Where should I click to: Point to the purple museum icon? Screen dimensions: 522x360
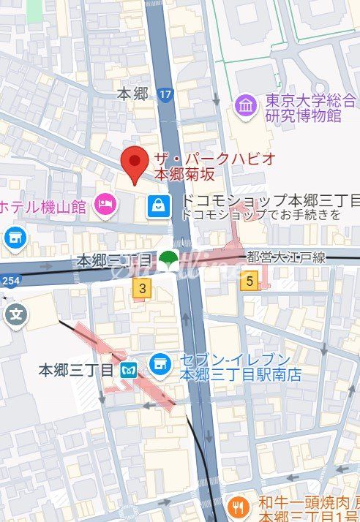point(246,105)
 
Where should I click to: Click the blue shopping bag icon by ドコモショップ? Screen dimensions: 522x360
point(158,206)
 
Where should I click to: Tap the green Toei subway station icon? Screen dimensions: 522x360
point(169,259)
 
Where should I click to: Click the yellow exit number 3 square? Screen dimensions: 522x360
point(142,289)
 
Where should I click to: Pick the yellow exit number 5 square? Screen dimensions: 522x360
point(250,279)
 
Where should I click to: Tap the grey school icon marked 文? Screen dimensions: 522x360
point(15,315)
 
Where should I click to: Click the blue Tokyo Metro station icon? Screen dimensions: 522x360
point(129,371)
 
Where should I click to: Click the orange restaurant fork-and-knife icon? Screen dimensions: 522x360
point(239,506)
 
